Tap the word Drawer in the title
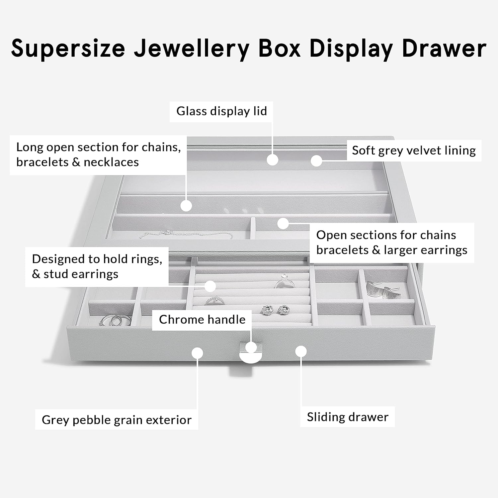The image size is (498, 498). pos(444,48)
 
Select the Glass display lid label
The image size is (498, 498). pos(221,111)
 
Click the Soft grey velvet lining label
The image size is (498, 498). pos(414,150)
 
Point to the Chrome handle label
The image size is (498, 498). pos(202,320)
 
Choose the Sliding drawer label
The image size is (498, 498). pos(347,417)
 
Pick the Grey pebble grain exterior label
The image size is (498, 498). pos(117,420)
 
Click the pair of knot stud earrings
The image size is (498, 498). pos(274,310)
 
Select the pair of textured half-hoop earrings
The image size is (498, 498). pos(383,290)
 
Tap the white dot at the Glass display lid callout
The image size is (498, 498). pos(273,160)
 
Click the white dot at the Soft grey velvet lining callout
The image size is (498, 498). pos(316,161)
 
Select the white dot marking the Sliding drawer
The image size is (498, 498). pos(301,351)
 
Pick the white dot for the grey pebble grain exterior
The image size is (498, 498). pos(198,353)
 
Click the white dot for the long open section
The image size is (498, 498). pos(186,206)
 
